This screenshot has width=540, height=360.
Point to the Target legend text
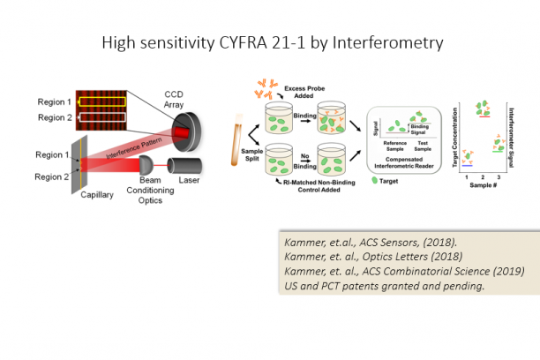391,179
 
